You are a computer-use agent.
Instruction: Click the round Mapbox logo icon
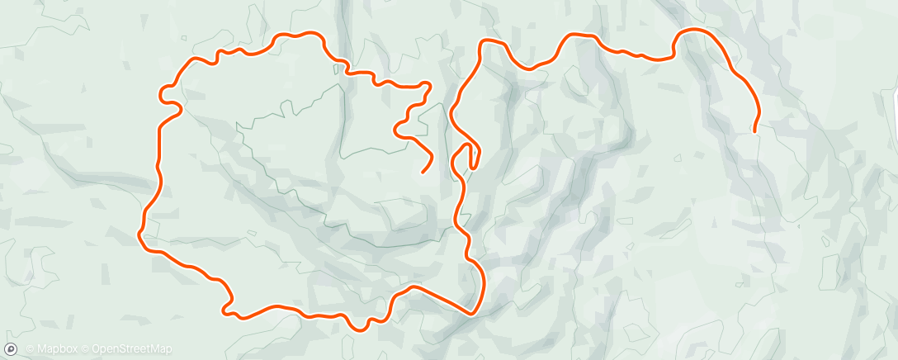tap(10, 349)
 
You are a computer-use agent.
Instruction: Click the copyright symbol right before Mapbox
tap(30, 349)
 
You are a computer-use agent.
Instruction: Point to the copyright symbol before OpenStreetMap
tap(86, 349)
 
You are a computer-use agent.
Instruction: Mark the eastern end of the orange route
tap(754, 130)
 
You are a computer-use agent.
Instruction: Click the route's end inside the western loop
tap(423, 172)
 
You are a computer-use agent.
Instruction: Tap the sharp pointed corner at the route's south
tap(470, 313)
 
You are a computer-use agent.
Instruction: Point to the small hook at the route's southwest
tap(223, 310)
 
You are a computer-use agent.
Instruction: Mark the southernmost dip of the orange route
tap(359, 329)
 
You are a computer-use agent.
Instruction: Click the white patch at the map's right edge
tap(891, 91)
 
